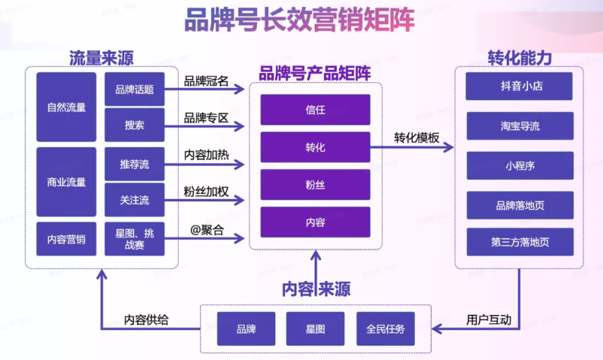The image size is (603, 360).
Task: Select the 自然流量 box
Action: click(x=66, y=107)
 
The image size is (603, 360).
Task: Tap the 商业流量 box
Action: click(x=66, y=182)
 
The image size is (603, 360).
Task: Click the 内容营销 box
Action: click(x=66, y=240)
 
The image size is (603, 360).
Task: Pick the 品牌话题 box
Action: click(x=135, y=89)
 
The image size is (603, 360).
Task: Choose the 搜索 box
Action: click(x=135, y=125)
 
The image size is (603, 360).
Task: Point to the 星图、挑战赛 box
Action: click(x=135, y=240)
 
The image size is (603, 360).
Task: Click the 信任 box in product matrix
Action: click(x=315, y=110)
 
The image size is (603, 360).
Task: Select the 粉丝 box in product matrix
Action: click(x=315, y=184)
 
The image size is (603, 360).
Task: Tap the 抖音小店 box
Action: click(x=520, y=86)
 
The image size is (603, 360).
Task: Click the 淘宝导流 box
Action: click(x=520, y=126)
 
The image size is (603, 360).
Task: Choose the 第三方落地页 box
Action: click(x=520, y=242)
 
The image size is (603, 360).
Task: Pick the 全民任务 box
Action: click(x=385, y=329)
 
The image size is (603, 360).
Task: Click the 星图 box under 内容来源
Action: click(x=315, y=329)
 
